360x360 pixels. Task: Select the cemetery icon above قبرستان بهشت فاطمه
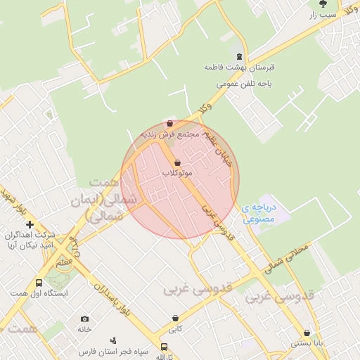tap(239, 56)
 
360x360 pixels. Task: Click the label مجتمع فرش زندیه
tap(171, 134)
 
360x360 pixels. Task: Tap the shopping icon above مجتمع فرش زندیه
tap(170, 123)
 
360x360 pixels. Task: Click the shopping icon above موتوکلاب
tap(176, 162)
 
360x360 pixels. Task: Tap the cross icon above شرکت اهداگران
tap(30, 224)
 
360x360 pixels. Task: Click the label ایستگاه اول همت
tap(39, 292)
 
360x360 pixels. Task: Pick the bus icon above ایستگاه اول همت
tap(38, 283)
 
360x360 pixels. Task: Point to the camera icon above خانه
tap(85, 319)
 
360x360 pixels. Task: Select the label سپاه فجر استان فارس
tap(107, 350)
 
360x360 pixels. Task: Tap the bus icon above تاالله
tap(164, 347)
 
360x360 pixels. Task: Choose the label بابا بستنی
tap(307, 344)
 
